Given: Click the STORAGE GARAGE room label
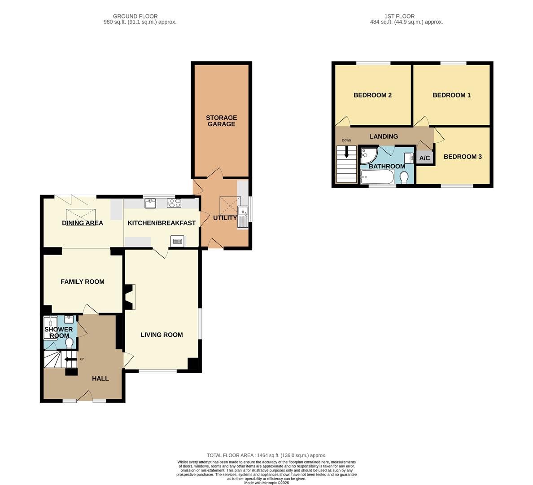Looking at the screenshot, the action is (x=221, y=121).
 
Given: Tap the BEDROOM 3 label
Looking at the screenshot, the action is (x=463, y=157).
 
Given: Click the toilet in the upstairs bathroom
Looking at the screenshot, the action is (x=404, y=178).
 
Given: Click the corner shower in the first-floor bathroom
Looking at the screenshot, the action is (x=368, y=155).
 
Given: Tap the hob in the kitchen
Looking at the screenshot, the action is (x=174, y=203).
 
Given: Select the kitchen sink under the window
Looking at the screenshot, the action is (x=150, y=203).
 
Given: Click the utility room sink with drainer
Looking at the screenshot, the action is (x=243, y=217).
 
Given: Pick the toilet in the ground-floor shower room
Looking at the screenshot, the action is (x=70, y=342).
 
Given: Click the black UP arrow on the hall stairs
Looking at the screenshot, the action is (x=70, y=359).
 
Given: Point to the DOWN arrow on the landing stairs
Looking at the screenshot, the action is (x=346, y=152).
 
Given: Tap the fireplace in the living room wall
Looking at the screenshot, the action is (x=130, y=297).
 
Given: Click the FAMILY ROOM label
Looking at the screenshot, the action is (x=83, y=282).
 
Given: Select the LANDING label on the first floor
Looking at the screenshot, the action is (x=384, y=137).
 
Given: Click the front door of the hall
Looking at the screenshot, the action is (x=85, y=396).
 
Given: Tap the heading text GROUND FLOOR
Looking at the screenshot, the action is (x=135, y=16).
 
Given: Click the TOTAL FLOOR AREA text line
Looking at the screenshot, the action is (x=266, y=455).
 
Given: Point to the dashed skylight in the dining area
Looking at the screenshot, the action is (x=81, y=216).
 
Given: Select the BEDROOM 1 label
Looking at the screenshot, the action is (x=451, y=95).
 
